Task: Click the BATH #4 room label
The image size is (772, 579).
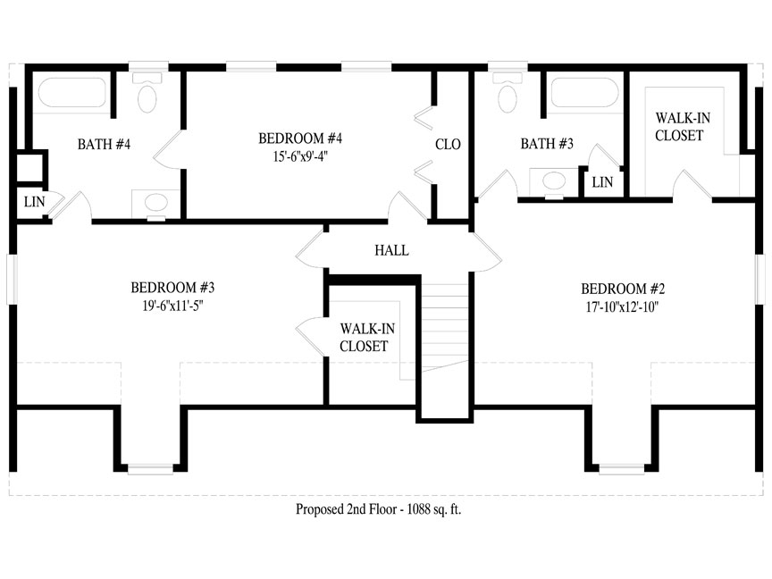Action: pos(104,144)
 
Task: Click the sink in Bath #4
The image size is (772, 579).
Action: pos(156,203)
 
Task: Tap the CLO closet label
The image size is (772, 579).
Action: pos(448,144)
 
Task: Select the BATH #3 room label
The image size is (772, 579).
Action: pos(547,144)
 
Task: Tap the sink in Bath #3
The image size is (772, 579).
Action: pos(554,181)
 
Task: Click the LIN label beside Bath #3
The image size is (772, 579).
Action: pos(602,182)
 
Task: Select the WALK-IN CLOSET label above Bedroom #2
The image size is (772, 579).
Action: pos(679,127)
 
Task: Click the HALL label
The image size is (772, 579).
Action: pos(391,251)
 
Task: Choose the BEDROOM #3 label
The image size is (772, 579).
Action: pos(172,288)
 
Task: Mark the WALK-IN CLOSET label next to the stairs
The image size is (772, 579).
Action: pos(364,337)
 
